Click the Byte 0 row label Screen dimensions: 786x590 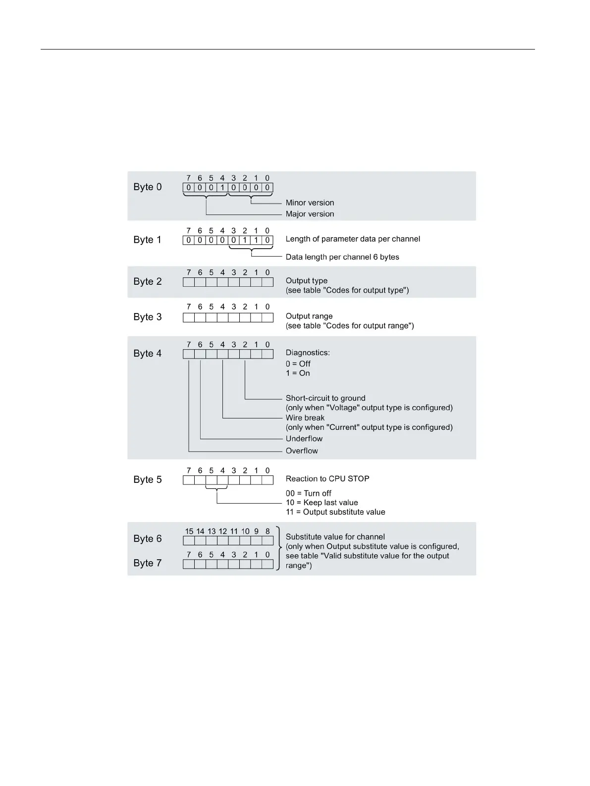147,187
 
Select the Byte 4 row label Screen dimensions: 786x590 147,354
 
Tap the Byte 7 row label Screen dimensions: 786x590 147,563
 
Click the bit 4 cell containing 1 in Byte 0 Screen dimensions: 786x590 222,188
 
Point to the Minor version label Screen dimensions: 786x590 310,203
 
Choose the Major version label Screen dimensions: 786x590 310,214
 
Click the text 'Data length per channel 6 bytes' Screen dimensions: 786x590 342,257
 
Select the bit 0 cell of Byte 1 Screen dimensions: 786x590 268,240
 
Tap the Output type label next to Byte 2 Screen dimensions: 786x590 306,281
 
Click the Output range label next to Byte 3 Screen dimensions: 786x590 309,316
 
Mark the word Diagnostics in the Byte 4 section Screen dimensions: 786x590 307,353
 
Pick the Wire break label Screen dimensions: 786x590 305,418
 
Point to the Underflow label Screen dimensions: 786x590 304,439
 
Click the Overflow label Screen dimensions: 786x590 302,451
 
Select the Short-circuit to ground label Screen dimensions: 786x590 325,398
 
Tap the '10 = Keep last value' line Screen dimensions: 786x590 322,503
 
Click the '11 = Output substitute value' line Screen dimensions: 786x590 335,512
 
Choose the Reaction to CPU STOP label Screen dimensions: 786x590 327,479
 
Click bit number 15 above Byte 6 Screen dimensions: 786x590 189,531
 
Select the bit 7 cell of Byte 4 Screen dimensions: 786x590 189,354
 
